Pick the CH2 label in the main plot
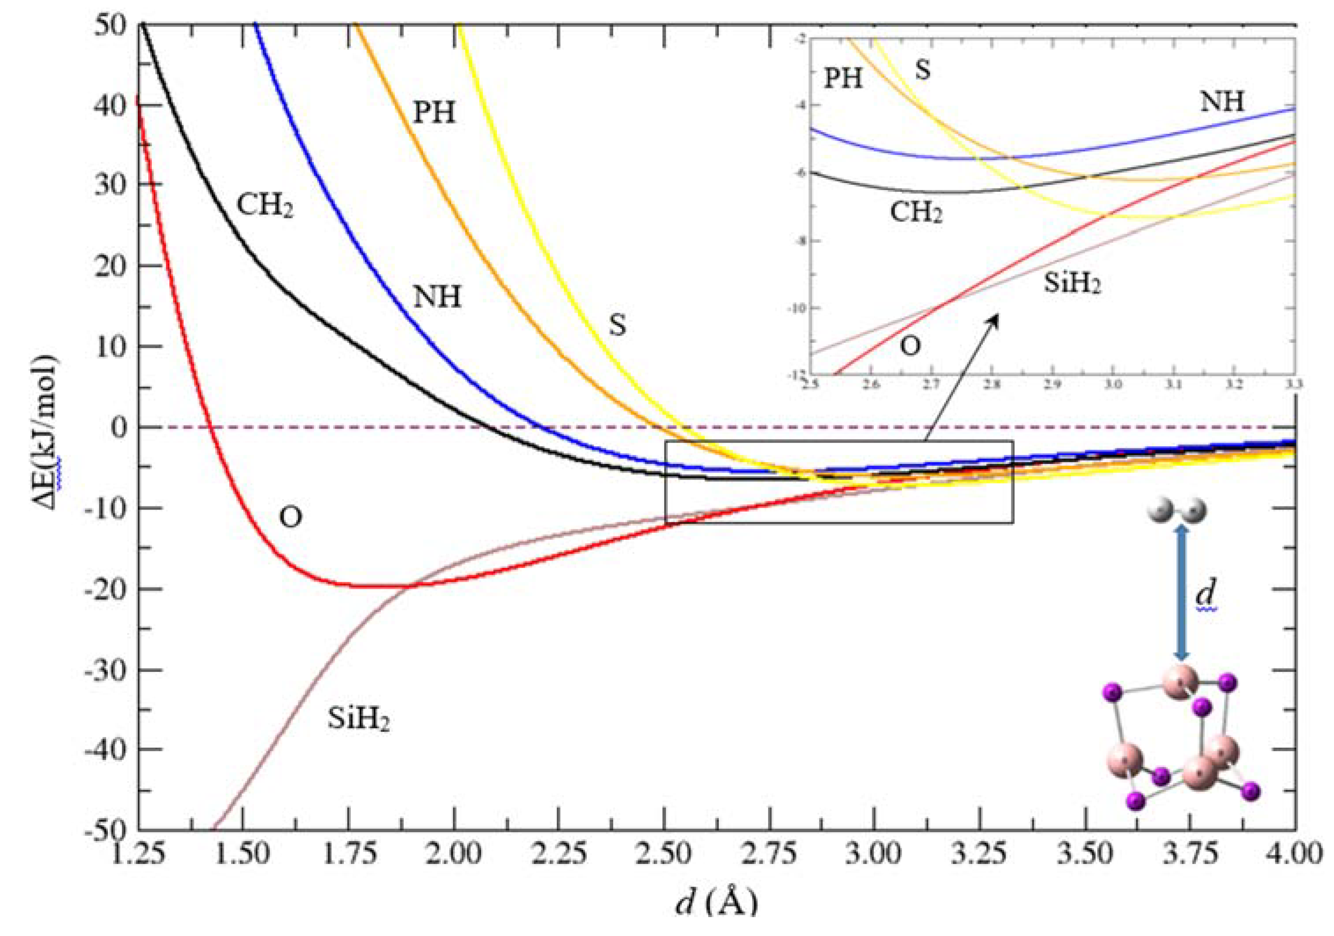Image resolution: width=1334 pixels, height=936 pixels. (265, 205)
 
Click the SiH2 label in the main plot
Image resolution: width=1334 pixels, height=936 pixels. (358, 719)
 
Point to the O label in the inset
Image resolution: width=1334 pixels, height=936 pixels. (910, 346)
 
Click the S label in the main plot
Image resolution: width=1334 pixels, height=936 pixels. (617, 326)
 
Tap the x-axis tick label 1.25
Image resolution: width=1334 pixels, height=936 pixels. (140, 855)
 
